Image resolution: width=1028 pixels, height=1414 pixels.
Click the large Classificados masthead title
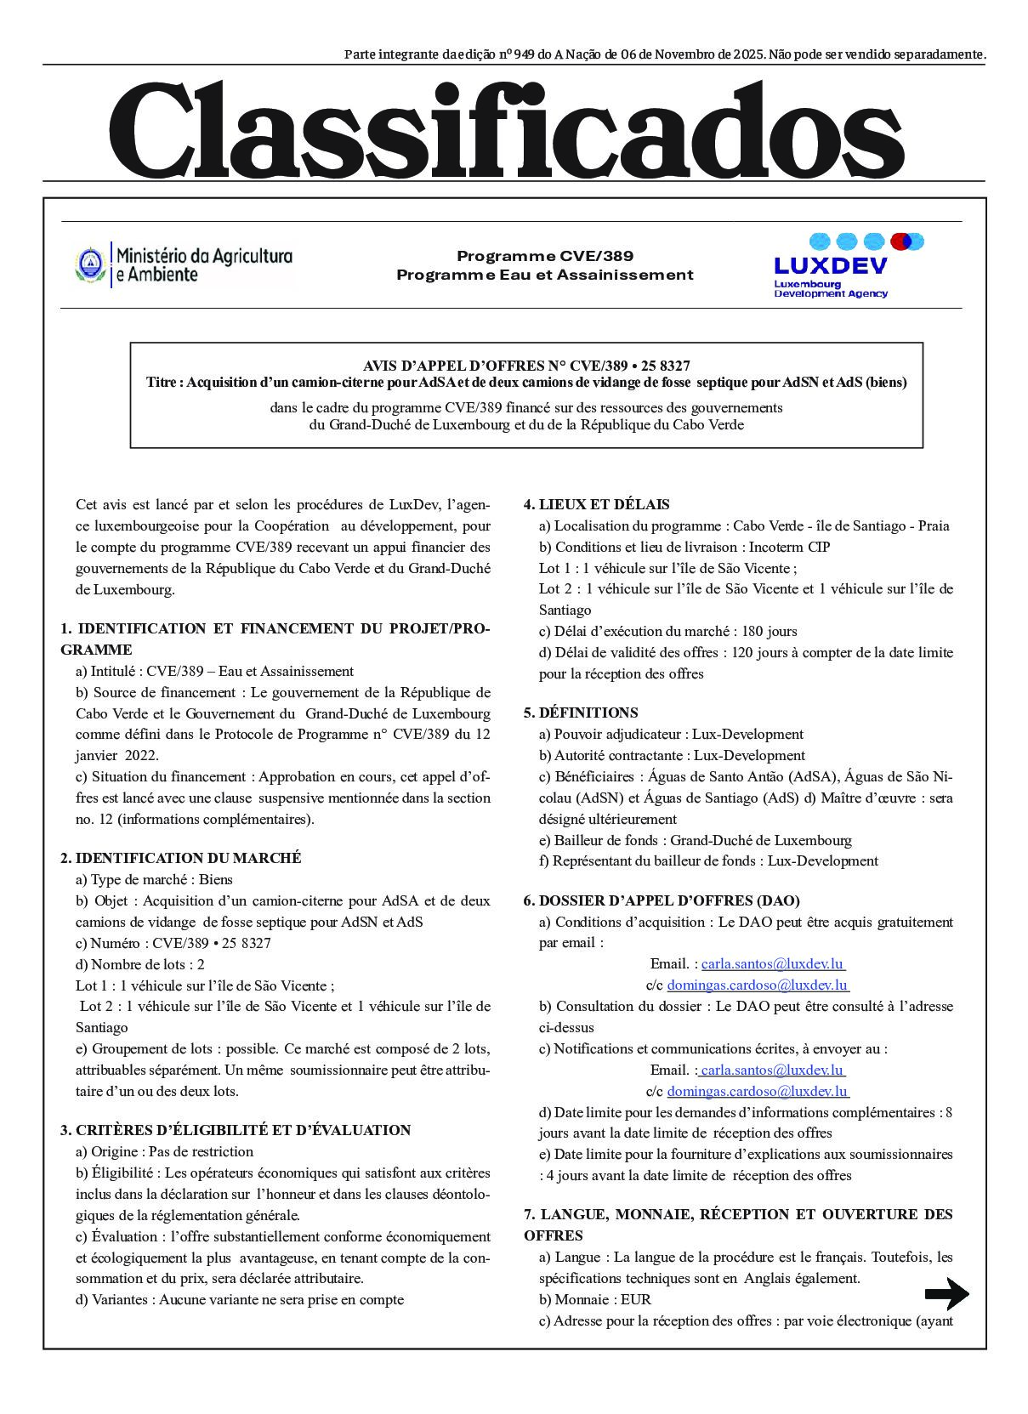tap(506, 129)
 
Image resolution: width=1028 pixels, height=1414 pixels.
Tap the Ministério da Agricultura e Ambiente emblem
tap(90, 264)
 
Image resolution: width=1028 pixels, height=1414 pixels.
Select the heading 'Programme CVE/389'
tap(544, 256)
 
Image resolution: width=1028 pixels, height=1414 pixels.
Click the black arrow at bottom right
tap(946, 1295)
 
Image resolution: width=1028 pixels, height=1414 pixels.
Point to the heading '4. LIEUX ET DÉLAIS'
tap(596, 504)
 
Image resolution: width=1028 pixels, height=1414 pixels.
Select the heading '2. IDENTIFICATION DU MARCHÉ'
tap(180, 858)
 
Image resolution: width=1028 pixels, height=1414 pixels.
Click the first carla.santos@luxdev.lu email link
tap(772, 963)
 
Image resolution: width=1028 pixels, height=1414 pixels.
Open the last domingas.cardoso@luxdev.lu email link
tap(757, 1091)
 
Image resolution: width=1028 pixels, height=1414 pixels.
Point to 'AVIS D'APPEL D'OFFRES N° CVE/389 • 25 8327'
tap(526, 366)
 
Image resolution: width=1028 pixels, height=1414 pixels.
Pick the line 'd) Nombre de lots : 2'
tap(140, 964)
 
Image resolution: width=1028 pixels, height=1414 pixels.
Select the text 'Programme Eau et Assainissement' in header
tap(544, 275)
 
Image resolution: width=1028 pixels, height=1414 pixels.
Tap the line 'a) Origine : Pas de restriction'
tap(164, 1151)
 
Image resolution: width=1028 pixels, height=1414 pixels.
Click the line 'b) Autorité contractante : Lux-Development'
tap(672, 755)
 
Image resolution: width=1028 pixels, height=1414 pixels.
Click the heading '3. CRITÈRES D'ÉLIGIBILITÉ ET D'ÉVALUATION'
tap(236, 1130)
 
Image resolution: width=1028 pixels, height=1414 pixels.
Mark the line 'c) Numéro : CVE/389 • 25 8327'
tap(173, 943)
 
